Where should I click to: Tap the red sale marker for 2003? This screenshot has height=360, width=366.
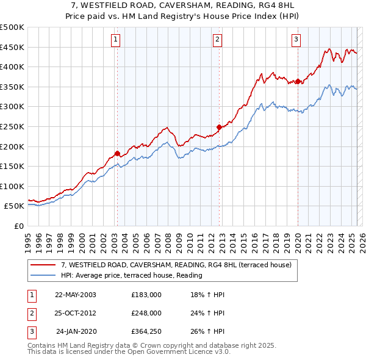tap(117, 154)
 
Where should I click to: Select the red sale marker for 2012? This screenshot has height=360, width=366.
tap(219, 128)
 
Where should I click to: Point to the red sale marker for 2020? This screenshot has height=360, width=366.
tap(297, 81)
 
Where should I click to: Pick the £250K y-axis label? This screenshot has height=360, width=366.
tap(12, 126)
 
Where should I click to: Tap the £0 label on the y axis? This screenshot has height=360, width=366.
tap(20, 226)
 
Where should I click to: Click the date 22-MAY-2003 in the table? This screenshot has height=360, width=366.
tap(76, 294)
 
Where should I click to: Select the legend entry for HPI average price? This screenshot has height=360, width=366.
tap(131, 275)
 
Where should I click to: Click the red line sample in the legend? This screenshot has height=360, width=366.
tap(44, 265)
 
